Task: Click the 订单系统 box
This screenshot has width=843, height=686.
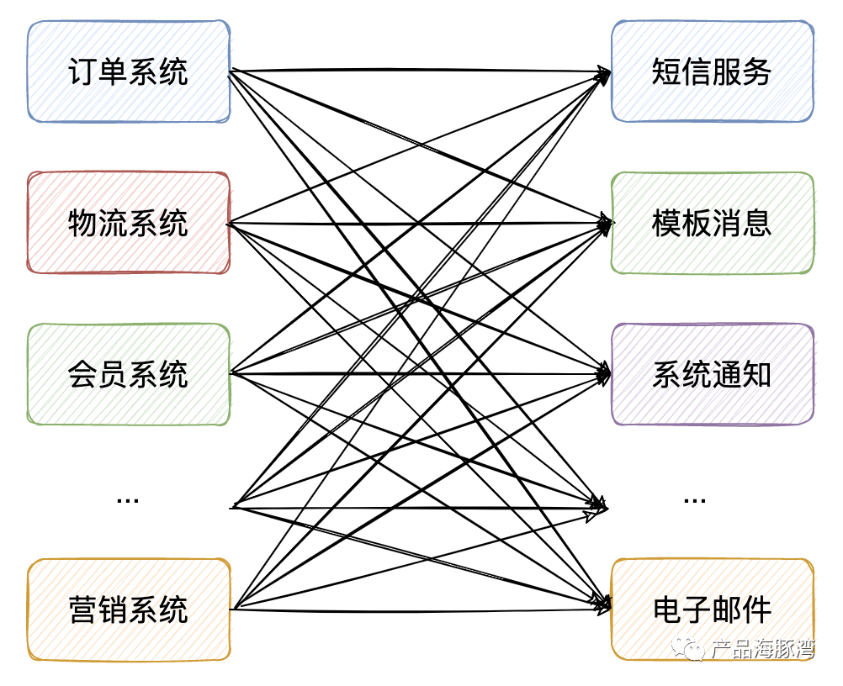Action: tap(129, 71)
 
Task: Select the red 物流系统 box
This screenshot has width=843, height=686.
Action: tap(129, 223)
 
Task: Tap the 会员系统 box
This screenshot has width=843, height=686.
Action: tap(129, 374)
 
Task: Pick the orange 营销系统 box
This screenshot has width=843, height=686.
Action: tap(129, 609)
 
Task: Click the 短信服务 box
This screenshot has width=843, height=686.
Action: tap(712, 71)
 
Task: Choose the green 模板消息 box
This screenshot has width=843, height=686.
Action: tap(712, 223)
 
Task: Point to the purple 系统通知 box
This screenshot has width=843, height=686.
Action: tap(712, 374)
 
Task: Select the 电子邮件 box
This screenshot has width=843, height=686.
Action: tap(712, 609)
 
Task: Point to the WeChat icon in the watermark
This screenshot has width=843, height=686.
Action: tap(695, 649)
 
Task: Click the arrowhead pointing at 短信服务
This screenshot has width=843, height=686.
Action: tap(603, 74)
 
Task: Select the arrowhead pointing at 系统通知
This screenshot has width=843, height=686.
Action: tap(603, 374)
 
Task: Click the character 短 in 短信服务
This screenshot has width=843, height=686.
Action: tap(666, 71)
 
